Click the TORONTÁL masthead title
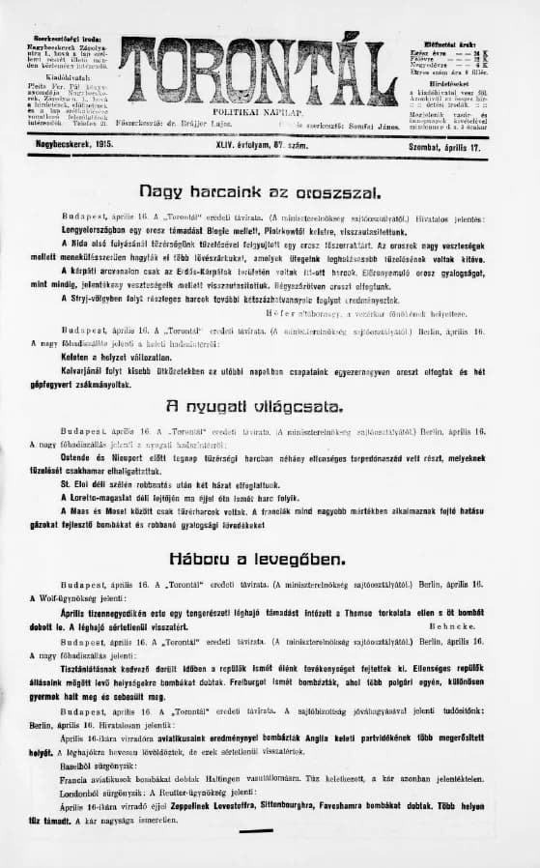[x=259, y=73]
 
